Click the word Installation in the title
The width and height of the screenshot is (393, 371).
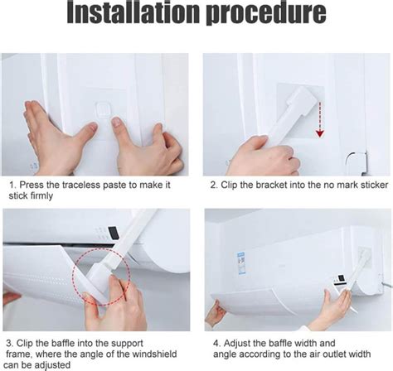pos(133,13)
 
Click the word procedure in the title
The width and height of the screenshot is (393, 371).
pos(266,14)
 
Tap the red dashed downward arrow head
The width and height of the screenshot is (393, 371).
pos(320,133)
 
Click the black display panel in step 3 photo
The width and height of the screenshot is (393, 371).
pos(114,233)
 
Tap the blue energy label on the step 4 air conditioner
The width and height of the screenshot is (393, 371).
pos(242,263)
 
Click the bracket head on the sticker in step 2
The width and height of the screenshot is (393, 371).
pos(300,100)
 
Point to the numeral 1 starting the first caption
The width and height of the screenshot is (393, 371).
pos(12,185)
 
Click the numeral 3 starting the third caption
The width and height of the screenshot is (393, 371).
pos(9,344)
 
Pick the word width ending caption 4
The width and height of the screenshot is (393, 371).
pos(360,354)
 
